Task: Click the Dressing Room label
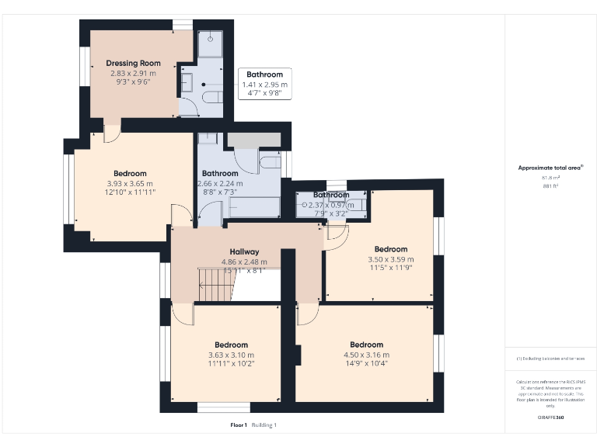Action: click(133, 63)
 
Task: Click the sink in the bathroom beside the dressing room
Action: click(187, 80)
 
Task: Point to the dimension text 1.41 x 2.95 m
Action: click(264, 84)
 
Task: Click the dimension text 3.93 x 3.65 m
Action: click(130, 183)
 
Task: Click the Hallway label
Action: click(244, 251)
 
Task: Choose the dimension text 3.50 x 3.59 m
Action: click(391, 259)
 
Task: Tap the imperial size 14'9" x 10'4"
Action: click(366, 363)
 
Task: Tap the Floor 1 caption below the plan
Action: click(239, 424)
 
